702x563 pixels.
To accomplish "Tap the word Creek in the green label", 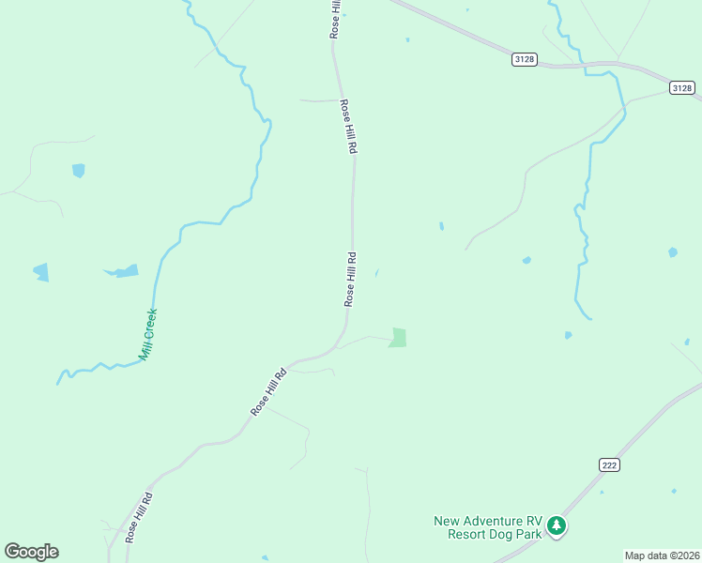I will click(x=150, y=324).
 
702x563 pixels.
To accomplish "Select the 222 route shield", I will click(x=608, y=464).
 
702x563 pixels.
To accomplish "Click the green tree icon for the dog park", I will click(x=557, y=525).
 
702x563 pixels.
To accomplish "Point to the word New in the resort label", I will click(x=447, y=521).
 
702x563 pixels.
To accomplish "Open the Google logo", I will click(x=31, y=552).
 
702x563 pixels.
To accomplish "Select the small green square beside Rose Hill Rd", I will click(x=398, y=338).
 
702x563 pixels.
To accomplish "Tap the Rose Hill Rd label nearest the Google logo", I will click(x=139, y=516).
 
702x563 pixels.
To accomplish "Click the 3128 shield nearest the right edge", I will click(x=682, y=87).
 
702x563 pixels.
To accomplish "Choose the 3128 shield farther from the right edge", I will click(x=525, y=59).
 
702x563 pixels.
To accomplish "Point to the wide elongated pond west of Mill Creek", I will click(x=122, y=271).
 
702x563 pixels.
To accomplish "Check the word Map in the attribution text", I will click(x=636, y=555).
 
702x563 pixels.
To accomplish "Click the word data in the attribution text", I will click(x=656, y=555).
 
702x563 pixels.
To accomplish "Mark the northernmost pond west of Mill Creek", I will click(x=78, y=171).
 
